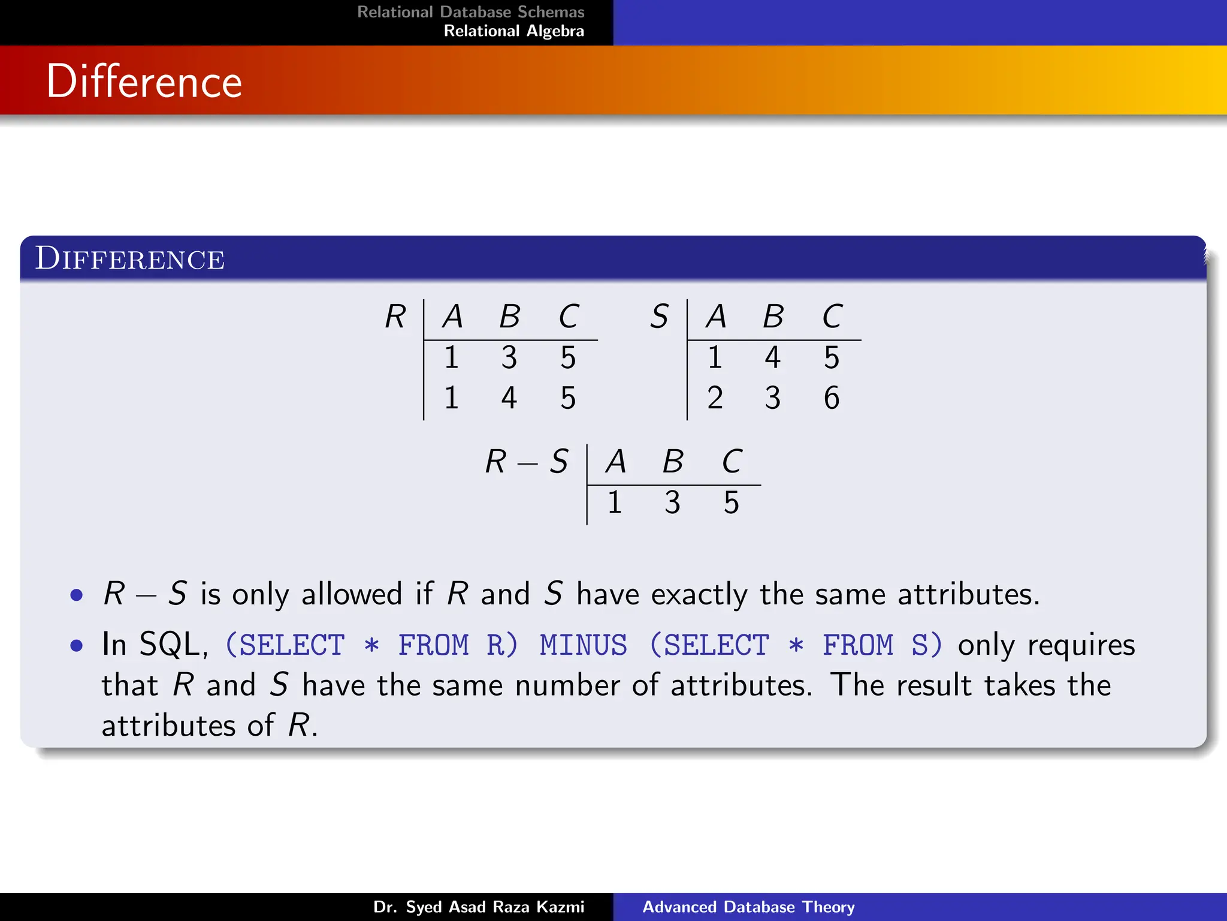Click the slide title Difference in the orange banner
point(144,82)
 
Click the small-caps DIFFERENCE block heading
point(129,259)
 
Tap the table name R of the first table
point(395,317)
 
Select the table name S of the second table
point(659,317)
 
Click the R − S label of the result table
point(526,462)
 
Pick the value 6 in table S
point(832,398)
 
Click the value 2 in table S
point(715,398)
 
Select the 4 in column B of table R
point(509,398)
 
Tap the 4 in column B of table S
point(773,358)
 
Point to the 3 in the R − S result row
point(672,502)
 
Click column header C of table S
point(832,317)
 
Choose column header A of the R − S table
point(616,462)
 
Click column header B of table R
point(510,317)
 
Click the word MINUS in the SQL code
point(583,646)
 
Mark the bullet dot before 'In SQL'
point(76,646)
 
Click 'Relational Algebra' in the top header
point(513,31)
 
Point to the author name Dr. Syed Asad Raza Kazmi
point(478,907)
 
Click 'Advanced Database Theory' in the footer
point(748,907)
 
